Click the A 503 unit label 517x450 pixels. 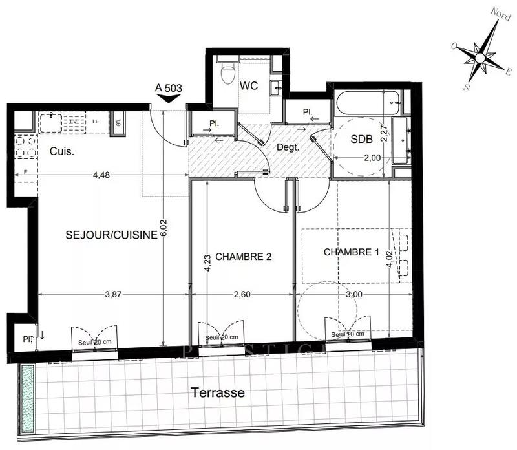point(169,87)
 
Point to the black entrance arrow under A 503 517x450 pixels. point(169,99)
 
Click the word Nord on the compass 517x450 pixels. point(498,13)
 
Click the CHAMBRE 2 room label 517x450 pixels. point(243,256)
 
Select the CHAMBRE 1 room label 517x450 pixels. point(351,252)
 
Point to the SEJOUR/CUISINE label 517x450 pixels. point(111,235)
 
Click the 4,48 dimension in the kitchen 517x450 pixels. point(101,174)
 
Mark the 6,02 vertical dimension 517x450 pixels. point(164,228)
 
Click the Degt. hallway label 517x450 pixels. point(288,147)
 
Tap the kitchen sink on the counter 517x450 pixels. point(50,120)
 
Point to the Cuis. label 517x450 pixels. point(62,152)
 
